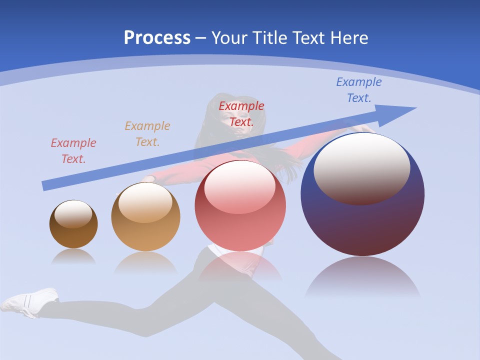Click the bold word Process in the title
(x=157, y=37)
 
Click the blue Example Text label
(x=358, y=90)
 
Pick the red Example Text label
(x=241, y=113)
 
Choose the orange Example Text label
(x=147, y=134)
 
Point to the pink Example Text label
(x=73, y=151)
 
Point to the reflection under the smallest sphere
(x=73, y=257)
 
